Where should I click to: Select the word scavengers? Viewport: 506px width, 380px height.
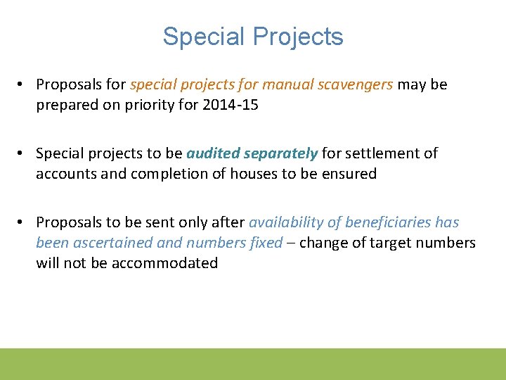click(358, 84)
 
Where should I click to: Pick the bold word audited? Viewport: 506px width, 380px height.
click(212, 153)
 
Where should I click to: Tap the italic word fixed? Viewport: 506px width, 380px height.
click(267, 243)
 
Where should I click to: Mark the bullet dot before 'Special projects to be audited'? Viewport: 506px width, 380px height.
click(23, 153)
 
